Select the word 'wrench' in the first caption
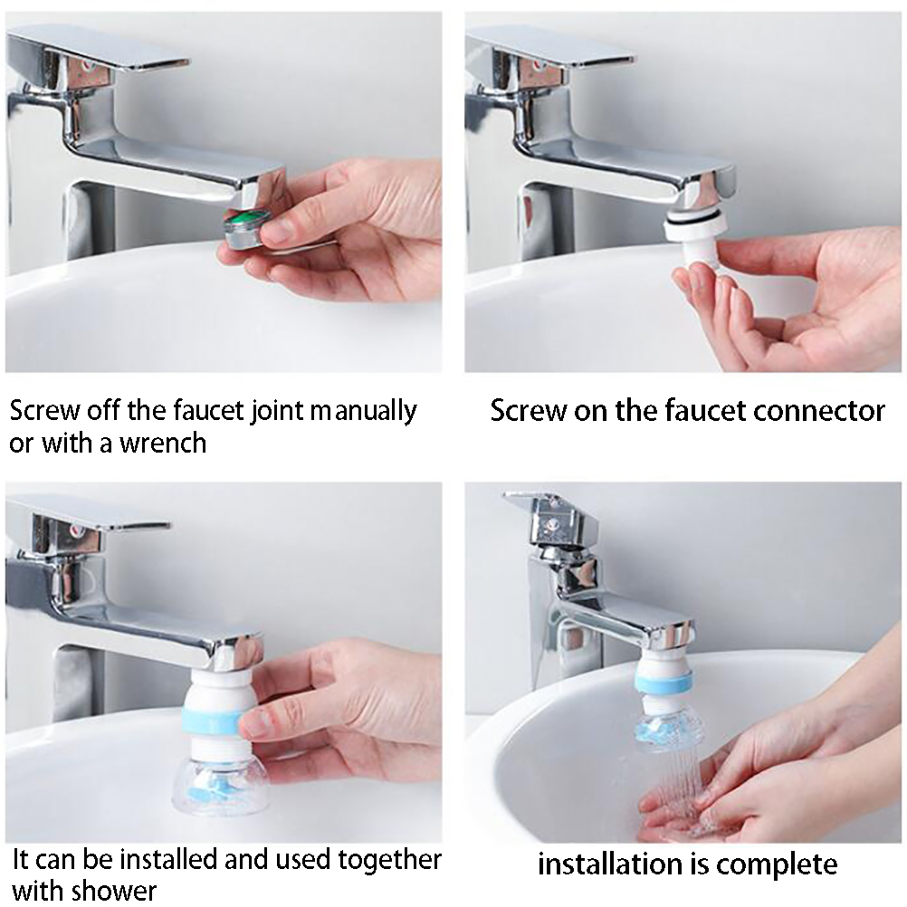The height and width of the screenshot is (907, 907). (163, 443)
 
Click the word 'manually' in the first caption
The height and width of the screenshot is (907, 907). (364, 412)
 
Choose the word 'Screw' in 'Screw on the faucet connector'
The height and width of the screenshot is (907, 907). (529, 411)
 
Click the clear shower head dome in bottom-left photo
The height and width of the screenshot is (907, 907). (220, 782)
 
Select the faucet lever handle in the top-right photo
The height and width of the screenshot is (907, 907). (551, 49)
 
